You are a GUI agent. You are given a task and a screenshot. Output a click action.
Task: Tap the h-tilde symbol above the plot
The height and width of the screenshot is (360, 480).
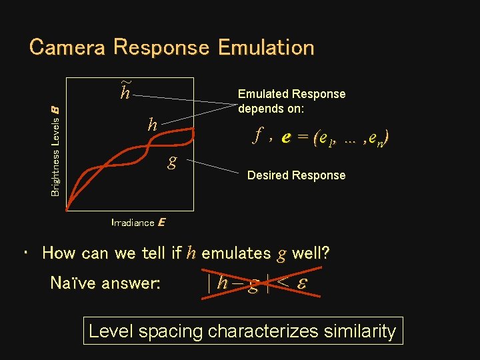point(125,91)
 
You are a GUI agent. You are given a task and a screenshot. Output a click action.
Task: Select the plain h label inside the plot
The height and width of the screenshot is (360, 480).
point(153,124)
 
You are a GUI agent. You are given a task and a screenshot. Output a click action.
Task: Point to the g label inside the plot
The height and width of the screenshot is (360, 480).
point(172,162)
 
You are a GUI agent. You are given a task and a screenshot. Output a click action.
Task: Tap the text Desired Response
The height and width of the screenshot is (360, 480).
point(296,175)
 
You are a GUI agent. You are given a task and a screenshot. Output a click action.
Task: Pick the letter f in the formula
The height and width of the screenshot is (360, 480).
point(257,136)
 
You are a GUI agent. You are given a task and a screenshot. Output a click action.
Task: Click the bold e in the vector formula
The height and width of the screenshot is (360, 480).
point(286,138)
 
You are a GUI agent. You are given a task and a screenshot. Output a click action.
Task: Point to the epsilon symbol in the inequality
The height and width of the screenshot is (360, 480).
point(301,284)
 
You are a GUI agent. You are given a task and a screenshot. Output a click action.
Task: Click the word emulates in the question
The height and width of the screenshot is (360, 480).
point(236,253)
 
